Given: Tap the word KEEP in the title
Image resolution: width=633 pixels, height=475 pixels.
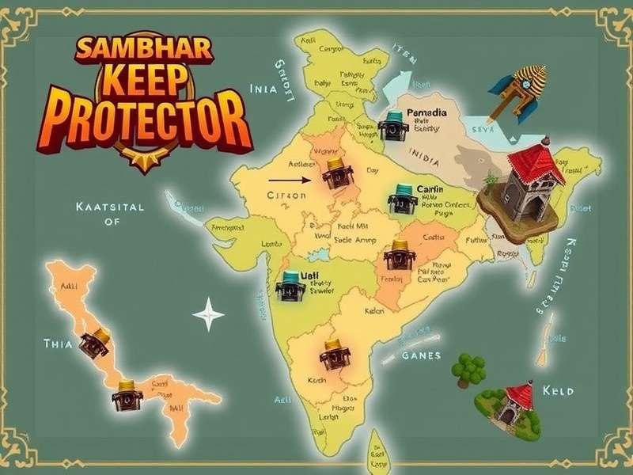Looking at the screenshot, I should [146, 84].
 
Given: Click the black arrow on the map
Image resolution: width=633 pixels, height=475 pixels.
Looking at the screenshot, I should [294, 180].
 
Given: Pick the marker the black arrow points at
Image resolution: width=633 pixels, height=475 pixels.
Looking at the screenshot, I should [337, 172].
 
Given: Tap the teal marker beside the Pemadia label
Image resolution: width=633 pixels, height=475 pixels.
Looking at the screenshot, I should [390, 125].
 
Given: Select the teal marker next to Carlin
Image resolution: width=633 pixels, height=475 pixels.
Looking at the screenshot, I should [403, 199].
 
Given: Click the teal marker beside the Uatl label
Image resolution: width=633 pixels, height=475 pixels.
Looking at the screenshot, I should [291, 286].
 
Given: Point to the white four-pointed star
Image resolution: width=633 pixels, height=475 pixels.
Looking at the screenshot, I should [209, 313].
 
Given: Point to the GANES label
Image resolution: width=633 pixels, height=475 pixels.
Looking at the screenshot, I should [421, 355].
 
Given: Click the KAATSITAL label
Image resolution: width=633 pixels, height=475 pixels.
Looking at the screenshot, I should [110, 207].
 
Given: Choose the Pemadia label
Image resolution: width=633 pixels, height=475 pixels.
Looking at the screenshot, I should [426, 113].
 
